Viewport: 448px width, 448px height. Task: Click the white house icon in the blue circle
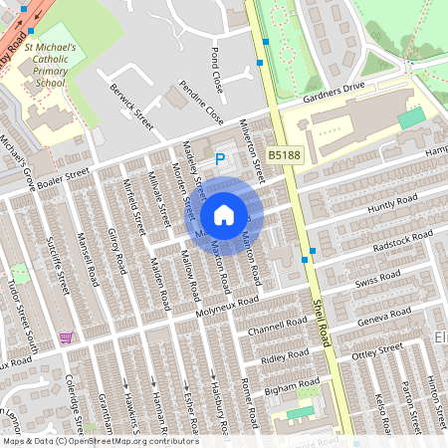click(224, 214)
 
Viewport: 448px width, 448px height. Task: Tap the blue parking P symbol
click(220, 158)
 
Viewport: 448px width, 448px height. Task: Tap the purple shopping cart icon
click(66, 338)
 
